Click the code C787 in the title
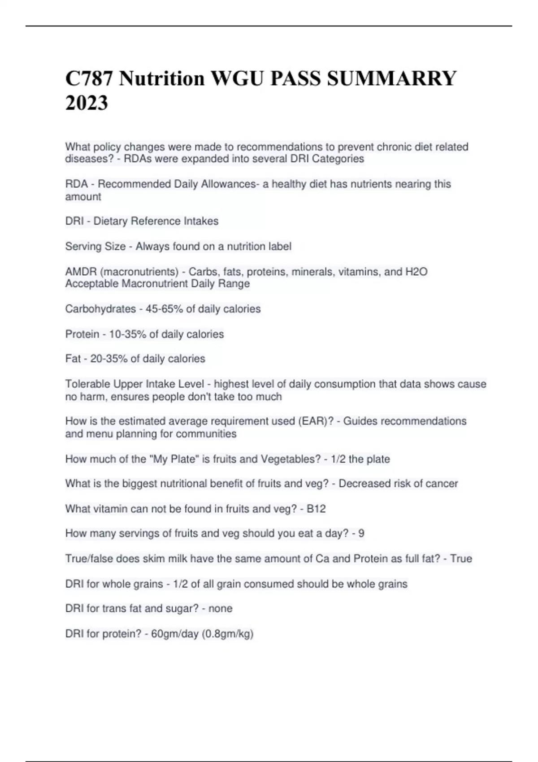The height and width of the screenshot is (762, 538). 90,78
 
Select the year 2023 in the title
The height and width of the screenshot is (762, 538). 87,103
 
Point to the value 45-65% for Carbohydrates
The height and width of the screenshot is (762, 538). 164,309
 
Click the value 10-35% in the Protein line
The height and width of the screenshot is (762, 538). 127,334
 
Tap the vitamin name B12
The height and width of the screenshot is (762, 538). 316,509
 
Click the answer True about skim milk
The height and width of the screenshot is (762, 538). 461,559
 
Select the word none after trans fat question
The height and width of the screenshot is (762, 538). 220,608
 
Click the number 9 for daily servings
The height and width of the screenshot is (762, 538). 361,533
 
